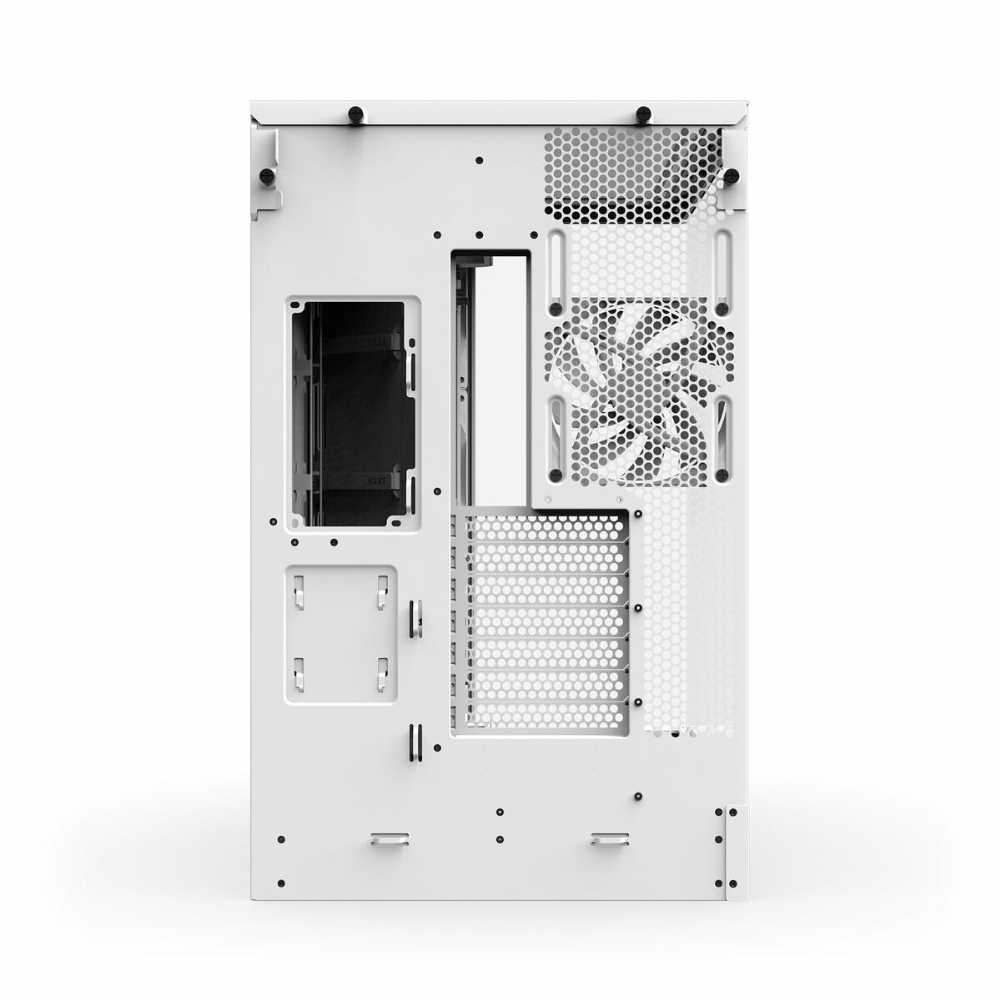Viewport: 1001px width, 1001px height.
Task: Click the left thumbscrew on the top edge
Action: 357,112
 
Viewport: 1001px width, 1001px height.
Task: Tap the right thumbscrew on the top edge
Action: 643,113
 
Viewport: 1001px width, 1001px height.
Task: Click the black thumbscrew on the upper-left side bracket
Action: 267,175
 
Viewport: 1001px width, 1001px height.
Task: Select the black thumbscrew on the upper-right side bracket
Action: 732,175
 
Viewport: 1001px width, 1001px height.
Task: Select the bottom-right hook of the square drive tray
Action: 383,671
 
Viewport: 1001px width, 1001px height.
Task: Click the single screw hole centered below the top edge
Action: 479,160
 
